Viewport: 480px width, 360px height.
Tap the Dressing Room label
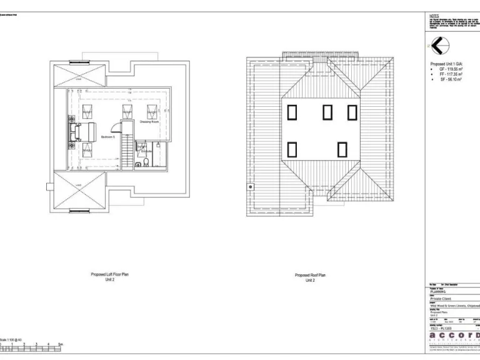[149, 122]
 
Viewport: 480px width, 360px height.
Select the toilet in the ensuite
[145, 164]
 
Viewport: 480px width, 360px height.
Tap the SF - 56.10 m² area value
[449, 79]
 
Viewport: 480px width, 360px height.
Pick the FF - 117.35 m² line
[449, 74]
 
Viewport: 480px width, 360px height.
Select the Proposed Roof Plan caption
[310, 276]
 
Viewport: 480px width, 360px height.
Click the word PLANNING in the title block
[438, 292]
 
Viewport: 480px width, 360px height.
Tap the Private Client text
[441, 299]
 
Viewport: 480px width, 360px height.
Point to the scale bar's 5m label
[61, 344]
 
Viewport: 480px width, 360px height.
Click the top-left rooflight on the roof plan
[291, 112]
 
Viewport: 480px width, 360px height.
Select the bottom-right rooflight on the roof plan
[342, 150]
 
